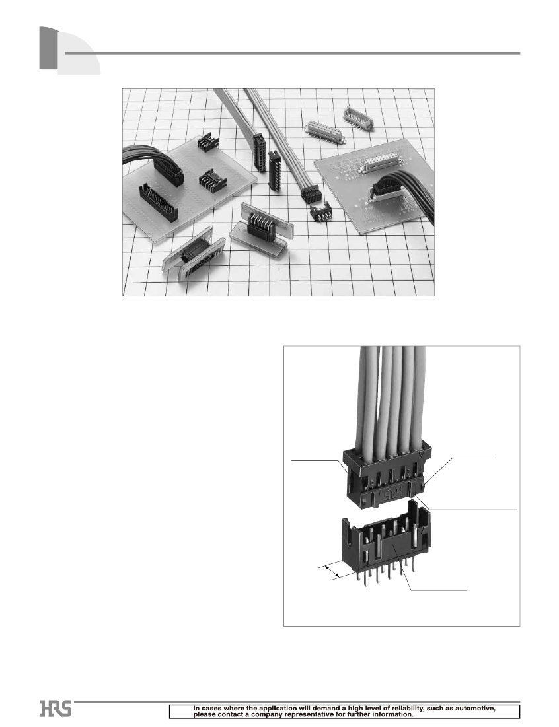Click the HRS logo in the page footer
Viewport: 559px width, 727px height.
tap(56, 709)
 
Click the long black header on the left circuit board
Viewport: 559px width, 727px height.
tap(158, 201)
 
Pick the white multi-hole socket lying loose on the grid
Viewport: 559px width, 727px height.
tap(324, 131)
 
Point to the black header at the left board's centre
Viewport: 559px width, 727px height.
tap(213, 179)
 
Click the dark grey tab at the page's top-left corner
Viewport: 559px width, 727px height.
tap(49, 48)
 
